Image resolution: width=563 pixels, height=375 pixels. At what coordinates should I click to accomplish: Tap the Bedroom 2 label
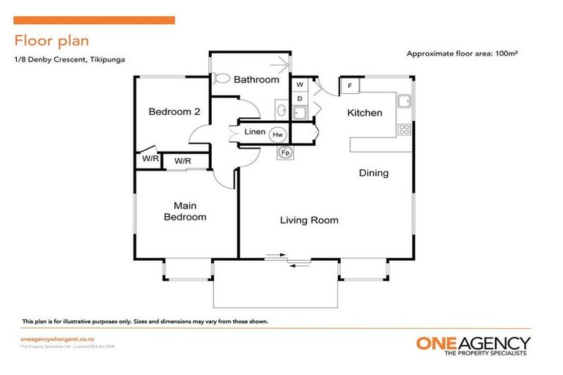coord(174,112)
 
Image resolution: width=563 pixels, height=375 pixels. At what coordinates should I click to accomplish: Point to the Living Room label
coord(308,220)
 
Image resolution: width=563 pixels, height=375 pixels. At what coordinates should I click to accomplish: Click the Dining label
coord(373,174)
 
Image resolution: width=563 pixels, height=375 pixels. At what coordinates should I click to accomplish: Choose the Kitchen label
coord(364,113)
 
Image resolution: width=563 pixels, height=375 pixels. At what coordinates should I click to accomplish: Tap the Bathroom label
coord(256,79)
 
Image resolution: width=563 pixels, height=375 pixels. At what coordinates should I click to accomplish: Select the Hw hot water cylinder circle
coord(278,135)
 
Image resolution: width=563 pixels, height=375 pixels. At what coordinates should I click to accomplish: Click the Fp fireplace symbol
coord(285,152)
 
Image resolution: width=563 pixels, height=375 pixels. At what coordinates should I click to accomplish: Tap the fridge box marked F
coord(350,86)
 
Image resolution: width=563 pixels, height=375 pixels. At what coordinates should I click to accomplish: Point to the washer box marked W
coord(300,85)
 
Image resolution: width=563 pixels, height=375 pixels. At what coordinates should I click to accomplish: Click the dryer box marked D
coord(300,98)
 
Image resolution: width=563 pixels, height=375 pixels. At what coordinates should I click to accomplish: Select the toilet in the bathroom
coord(221,78)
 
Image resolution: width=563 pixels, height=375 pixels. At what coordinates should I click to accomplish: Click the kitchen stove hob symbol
coord(403,130)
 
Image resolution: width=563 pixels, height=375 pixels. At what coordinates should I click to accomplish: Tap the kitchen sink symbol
coord(403,101)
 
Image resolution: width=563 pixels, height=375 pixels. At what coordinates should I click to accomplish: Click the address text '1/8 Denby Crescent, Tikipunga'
coord(69,59)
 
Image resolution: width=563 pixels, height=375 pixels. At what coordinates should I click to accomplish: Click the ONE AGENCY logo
coord(473,345)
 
